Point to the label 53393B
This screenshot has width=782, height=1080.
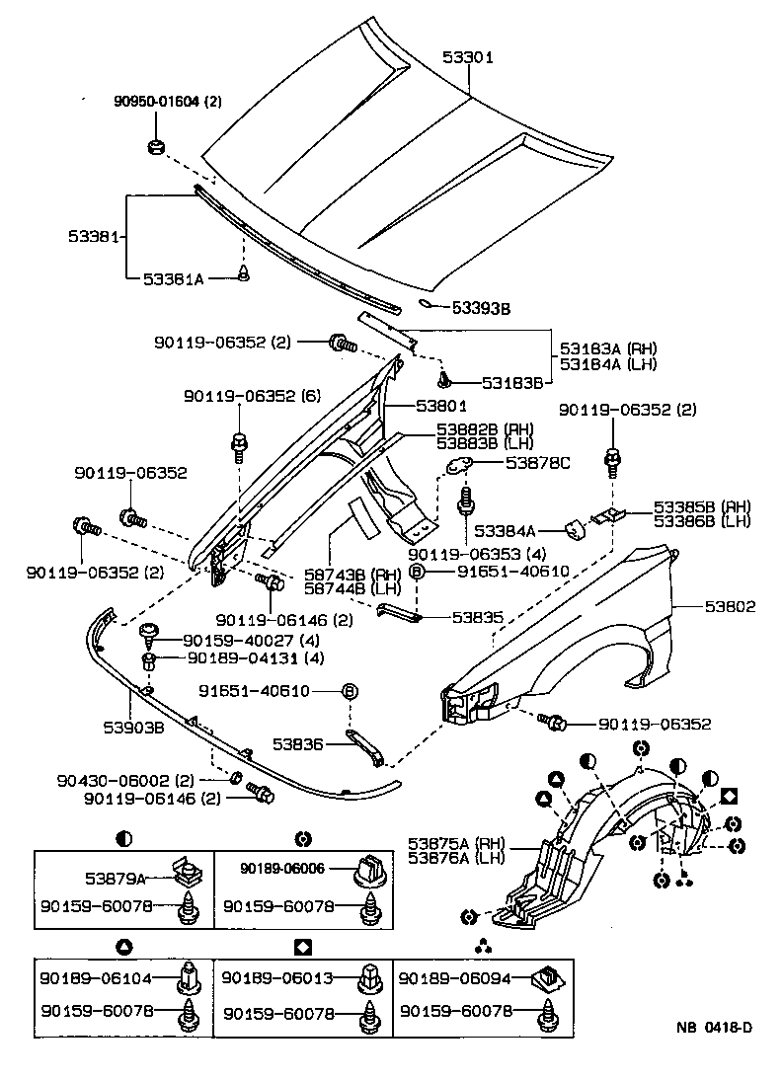coord(482,309)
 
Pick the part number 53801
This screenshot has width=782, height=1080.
coord(441,405)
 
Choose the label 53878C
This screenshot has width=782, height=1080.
coord(538,461)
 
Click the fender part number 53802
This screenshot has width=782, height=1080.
coord(730,607)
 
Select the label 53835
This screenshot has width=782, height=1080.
coord(478,618)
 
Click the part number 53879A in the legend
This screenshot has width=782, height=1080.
coord(118,877)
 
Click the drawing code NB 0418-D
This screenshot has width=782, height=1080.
coord(714,1028)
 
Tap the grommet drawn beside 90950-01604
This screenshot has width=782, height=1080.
coord(154,148)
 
